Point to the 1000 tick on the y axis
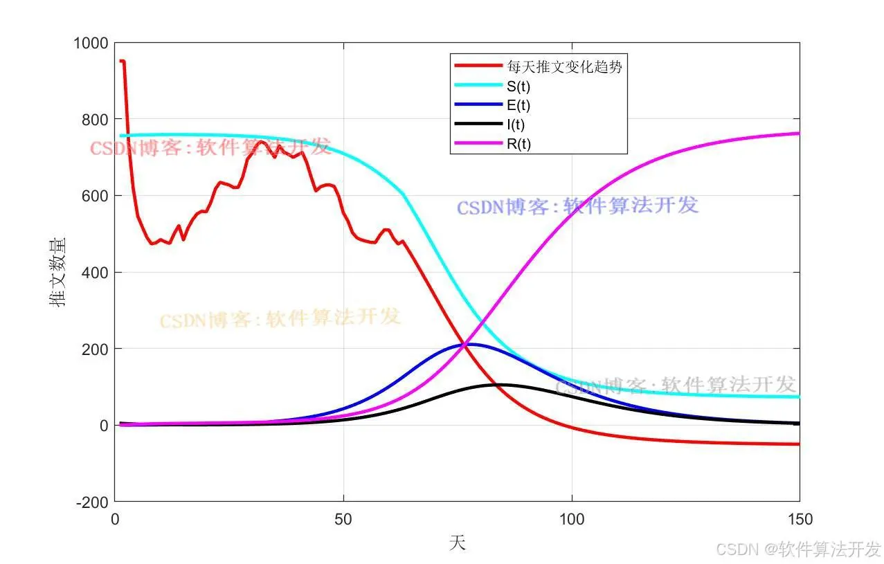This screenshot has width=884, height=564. pos(91,44)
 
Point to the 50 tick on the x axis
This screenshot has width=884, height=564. pos(343,518)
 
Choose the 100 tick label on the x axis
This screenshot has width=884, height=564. pos(572,518)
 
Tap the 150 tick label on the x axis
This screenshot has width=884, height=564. pos(800,518)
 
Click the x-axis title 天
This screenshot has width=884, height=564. pos(457,544)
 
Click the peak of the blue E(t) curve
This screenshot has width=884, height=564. pos(471,344)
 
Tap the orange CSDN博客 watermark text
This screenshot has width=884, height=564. pos(280,319)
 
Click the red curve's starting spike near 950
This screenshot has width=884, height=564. pos(122,61)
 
